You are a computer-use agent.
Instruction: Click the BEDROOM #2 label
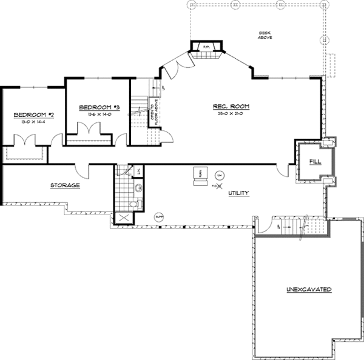(x=26, y=115)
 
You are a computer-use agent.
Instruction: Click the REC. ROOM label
(x=231, y=107)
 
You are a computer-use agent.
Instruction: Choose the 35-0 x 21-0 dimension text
(x=231, y=113)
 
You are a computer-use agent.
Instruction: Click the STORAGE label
(x=65, y=185)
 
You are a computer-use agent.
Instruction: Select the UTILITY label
(x=238, y=192)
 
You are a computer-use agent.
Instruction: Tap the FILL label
(x=314, y=161)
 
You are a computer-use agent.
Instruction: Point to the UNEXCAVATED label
(x=309, y=290)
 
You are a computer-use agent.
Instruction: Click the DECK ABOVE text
(x=265, y=35)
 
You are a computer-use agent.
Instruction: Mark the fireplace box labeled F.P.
(x=206, y=47)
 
